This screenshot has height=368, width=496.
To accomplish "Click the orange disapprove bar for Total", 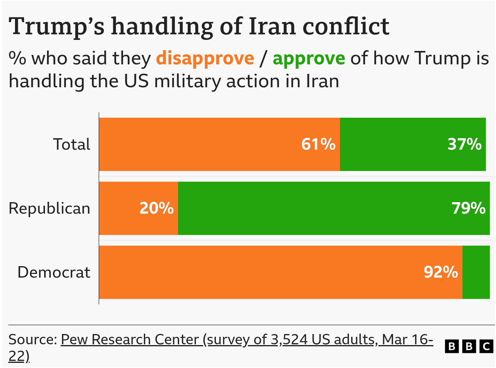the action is (x=219, y=144).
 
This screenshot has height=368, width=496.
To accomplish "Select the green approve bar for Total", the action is (x=413, y=144).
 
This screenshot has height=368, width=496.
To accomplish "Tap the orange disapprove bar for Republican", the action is (x=139, y=208).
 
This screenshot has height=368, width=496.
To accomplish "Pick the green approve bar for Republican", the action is (x=334, y=208).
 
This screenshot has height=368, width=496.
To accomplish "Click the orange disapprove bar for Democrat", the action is (x=281, y=272).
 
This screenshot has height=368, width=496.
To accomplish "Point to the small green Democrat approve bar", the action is (x=476, y=272).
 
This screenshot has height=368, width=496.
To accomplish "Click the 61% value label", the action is (x=318, y=144).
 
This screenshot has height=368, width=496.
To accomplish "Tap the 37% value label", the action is (x=464, y=144).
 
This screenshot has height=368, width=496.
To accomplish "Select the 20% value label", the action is (x=157, y=208).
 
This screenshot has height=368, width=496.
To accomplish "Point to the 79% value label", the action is (x=468, y=208).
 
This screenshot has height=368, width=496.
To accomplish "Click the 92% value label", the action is (x=441, y=272).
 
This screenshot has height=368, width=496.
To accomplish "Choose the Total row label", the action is (x=71, y=144).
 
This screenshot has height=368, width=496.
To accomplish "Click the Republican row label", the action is (x=49, y=208).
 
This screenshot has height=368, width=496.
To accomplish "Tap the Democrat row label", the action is (x=54, y=272).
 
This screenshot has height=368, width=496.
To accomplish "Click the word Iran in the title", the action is (x=272, y=26).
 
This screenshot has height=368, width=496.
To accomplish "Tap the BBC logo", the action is (x=469, y=346).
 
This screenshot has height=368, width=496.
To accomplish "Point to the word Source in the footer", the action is (x=33, y=340).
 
